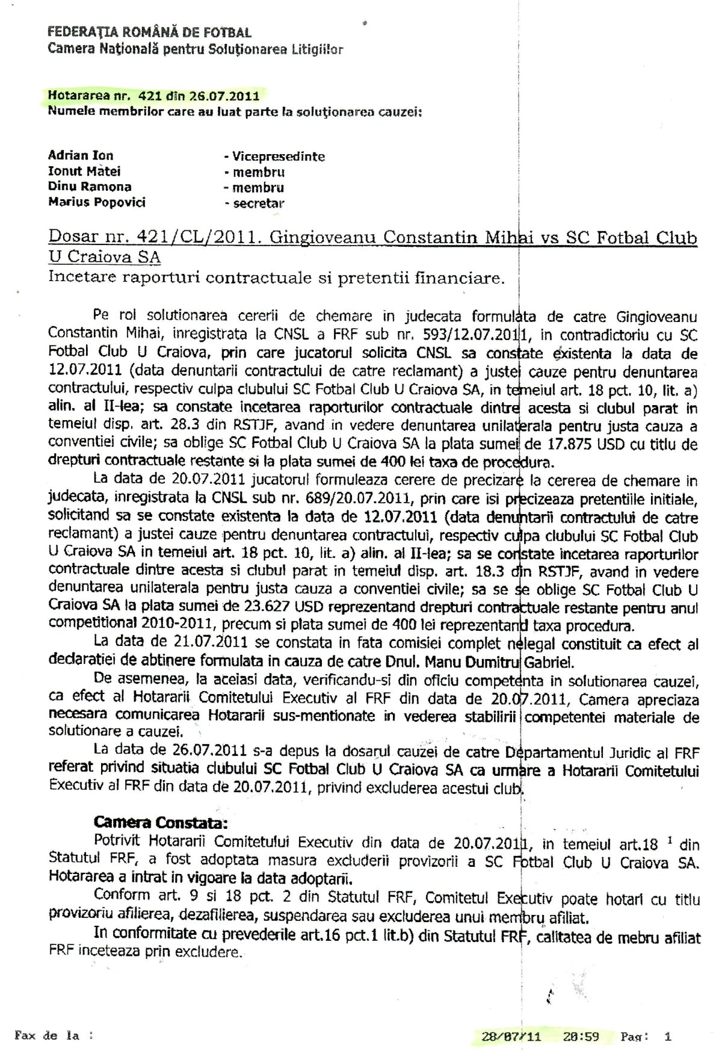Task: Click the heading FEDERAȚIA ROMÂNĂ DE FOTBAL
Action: pos(149,33)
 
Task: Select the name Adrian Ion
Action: pos(81,155)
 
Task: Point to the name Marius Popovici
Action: pos(96,202)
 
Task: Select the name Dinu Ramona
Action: pos(90,187)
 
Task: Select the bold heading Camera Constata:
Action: pos(161,822)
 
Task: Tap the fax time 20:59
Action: pos(581,1037)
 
